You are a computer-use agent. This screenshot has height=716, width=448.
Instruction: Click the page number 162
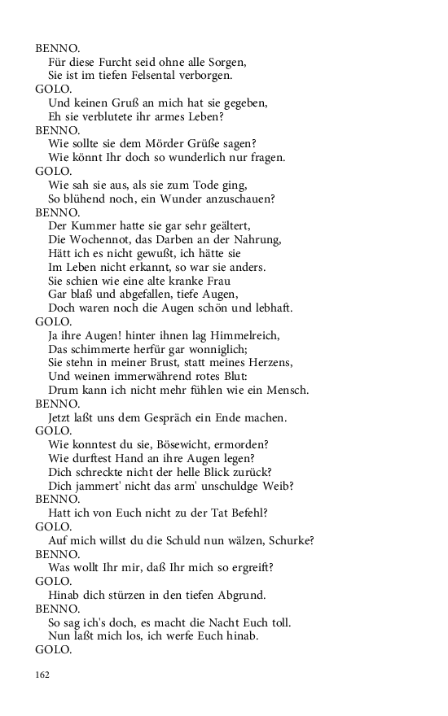pos(42,675)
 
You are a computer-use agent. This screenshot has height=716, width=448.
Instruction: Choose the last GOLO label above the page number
pos(54,649)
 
